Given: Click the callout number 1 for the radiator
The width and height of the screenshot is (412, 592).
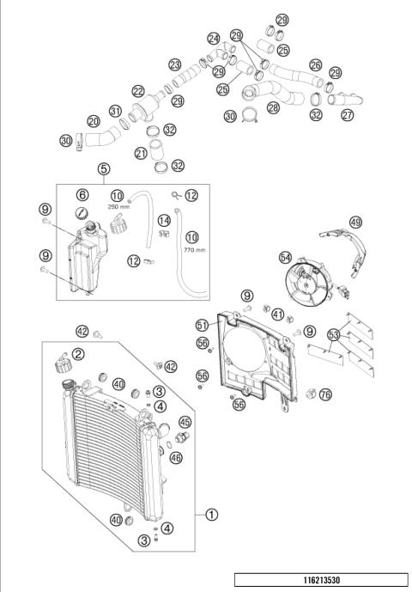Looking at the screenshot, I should [x=212, y=516].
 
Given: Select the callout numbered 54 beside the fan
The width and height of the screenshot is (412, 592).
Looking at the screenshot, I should [x=284, y=257].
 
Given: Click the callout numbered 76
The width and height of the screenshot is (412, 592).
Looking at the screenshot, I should [x=324, y=394].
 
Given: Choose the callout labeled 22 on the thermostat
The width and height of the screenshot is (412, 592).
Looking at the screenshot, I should [x=138, y=91].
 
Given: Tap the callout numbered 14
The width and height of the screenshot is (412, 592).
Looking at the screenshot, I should [x=162, y=220].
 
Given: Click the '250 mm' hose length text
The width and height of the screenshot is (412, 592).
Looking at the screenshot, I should [x=118, y=207].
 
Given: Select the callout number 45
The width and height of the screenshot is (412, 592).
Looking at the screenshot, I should [x=184, y=421].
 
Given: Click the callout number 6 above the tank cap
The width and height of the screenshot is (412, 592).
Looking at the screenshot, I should [x=82, y=195].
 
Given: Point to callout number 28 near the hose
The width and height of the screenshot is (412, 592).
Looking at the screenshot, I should [x=274, y=107].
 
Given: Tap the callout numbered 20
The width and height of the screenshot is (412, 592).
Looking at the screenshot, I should [x=94, y=121].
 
